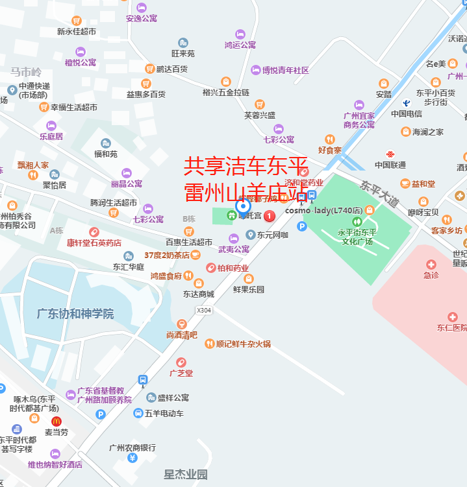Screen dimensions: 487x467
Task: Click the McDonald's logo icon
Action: click(56, 421)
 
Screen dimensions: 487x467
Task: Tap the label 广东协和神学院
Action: click(75, 314)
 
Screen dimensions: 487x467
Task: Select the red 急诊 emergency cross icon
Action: click(431, 264)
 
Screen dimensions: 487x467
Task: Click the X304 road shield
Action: click(204, 310)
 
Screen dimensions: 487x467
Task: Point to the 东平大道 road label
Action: click(380, 193)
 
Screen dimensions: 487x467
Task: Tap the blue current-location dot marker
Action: click(244, 206)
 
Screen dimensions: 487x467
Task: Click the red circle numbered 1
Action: click(270, 215)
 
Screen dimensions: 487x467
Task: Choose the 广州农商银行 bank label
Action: click(133, 447)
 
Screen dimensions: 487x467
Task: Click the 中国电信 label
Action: click(407, 114)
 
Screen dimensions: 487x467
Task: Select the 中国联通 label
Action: click(390, 165)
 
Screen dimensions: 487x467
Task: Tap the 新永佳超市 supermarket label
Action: click(77, 31)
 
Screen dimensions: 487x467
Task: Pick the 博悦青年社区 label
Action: click(284, 70)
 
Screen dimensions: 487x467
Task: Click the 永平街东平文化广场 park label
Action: click(356, 237)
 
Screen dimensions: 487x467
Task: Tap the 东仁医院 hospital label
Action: click(452, 327)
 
